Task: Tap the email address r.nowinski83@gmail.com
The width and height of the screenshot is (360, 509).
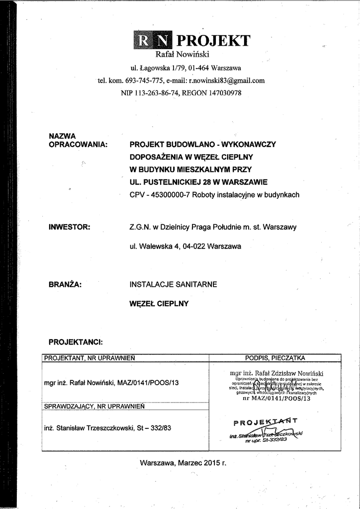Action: tap(227, 80)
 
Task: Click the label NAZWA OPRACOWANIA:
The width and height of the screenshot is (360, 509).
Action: tap(79, 140)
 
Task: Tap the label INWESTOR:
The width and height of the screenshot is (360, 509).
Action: tap(69, 227)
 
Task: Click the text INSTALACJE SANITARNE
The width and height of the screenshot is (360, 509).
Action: tap(173, 285)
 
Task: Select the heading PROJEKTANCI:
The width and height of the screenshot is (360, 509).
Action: tap(76, 342)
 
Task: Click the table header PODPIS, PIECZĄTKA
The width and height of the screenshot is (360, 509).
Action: tap(275, 358)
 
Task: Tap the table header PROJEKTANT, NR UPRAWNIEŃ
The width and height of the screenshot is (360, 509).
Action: tap(90, 358)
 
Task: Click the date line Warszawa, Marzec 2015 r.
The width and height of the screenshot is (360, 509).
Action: tap(183, 463)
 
